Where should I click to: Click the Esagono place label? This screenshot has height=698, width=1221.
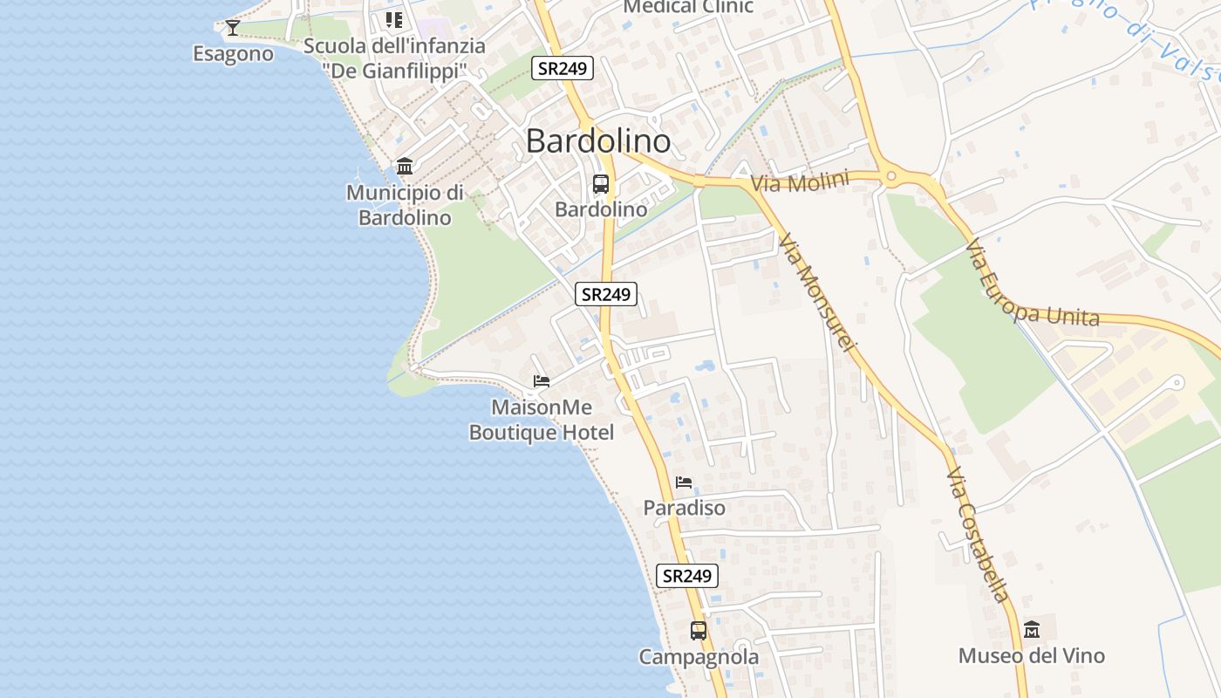(x=233, y=54)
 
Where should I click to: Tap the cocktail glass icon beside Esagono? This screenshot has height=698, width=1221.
(x=232, y=28)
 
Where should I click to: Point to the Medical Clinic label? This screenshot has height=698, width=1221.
(x=688, y=7)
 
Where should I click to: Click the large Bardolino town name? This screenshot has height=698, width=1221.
(x=598, y=141)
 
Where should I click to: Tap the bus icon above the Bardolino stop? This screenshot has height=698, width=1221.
(x=601, y=184)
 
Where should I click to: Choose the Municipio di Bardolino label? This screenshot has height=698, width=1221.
(x=405, y=205)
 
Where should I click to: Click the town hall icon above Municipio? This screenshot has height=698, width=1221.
(x=405, y=166)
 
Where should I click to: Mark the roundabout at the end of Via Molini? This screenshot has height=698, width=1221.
(x=890, y=177)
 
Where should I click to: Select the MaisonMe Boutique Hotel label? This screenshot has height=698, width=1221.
(x=542, y=420)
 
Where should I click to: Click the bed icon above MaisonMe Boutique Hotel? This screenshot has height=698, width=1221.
(x=542, y=381)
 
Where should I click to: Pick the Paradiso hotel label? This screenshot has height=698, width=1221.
(x=684, y=508)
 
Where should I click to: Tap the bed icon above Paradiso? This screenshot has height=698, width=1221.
(x=684, y=482)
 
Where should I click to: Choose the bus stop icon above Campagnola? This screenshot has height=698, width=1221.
(x=699, y=630)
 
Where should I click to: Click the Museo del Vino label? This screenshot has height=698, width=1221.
(x=1032, y=656)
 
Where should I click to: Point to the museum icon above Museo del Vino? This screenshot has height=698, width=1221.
(x=1032, y=629)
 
